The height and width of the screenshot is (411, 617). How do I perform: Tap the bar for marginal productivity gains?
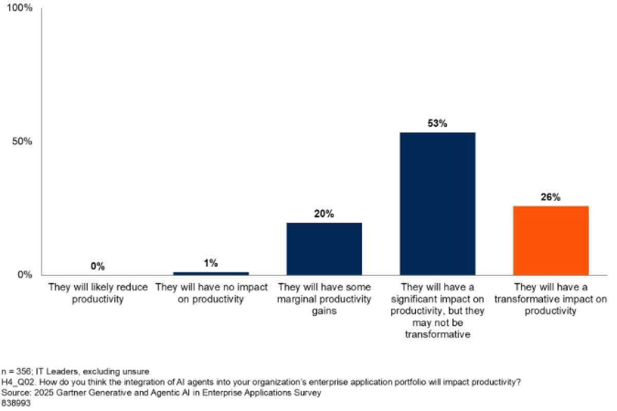324,249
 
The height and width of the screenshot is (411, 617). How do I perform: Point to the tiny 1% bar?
211,273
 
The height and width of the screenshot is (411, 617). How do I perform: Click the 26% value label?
551,197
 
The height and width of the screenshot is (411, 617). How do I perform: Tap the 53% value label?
438,124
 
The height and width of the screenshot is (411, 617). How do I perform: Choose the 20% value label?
324,214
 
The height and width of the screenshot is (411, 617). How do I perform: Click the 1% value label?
211,263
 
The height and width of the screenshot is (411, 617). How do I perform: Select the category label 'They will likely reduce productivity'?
98,293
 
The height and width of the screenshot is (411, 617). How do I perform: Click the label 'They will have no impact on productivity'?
211,293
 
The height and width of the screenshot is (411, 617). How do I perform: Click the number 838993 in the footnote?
16,403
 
